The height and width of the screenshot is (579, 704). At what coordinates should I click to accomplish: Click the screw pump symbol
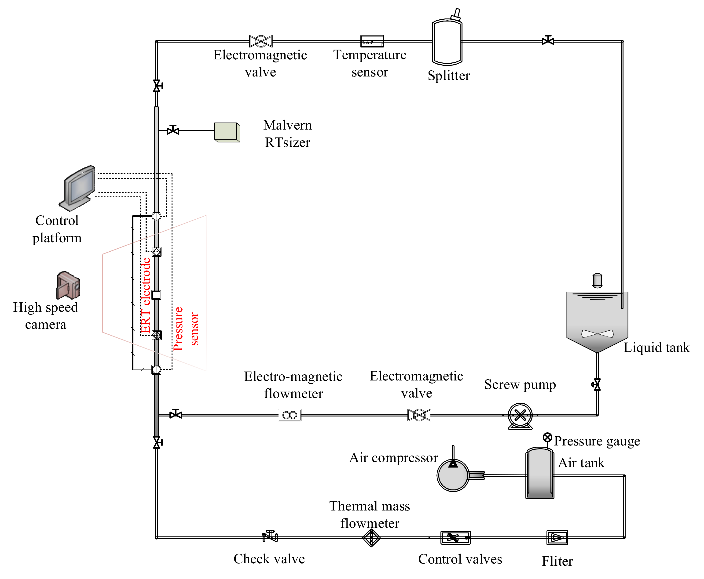click(x=520, y=415)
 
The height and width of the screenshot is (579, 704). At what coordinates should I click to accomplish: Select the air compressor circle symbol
click(x=453, y=475)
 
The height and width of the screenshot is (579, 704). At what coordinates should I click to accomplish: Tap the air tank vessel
click(x=539, y=474)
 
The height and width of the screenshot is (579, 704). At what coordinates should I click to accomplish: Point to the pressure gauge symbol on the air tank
click(x=547, y=437)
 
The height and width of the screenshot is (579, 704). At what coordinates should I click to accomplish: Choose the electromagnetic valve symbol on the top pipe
click(x=261, y=41)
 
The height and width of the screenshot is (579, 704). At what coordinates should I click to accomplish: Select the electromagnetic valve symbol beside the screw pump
click(x=419, y=415)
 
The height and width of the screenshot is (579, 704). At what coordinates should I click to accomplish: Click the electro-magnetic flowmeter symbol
click(x=290, y=415)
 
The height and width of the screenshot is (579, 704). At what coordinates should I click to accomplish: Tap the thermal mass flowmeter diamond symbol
click(x=371, y=538)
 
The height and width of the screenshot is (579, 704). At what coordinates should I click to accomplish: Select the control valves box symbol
click(x=455, y=538)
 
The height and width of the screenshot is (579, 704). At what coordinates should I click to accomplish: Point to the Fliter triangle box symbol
click(x=557, y=538)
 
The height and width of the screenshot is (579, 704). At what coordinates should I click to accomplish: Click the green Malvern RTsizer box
click(x=227, y=132)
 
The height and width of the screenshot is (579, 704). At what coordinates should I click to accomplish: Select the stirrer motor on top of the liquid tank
click(x=597, y=280)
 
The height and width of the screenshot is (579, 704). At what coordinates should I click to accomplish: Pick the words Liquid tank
click(x=656, y=347)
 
